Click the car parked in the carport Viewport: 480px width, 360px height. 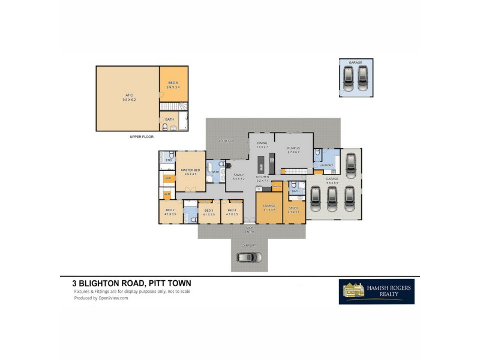[x=249, y=257]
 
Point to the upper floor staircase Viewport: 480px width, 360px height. [x=174, y=106]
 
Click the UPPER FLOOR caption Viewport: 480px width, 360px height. [x=142, y=137]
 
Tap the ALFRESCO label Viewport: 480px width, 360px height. [x=226, y=140]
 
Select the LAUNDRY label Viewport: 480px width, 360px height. [x=326, y=165]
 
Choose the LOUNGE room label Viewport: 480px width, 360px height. [x=269, y=208]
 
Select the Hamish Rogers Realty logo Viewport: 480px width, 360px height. [x=376, y=292]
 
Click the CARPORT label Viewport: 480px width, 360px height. [x=249, y=245]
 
